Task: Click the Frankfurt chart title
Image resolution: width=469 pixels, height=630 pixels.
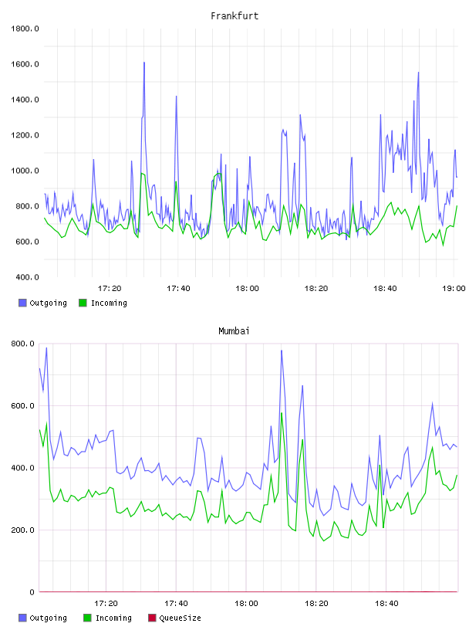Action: click(x=235, y=15)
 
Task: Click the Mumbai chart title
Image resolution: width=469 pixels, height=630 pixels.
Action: click(x=234, y=330)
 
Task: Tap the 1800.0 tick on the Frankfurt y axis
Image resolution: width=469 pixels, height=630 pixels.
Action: click(x=25, y=29)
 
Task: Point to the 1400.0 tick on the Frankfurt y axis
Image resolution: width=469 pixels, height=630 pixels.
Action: click(x=25, y=100)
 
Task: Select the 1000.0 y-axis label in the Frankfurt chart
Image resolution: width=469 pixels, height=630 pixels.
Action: click(x=25, y=171)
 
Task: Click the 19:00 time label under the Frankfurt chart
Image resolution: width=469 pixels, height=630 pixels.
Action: click(x=454, y=288)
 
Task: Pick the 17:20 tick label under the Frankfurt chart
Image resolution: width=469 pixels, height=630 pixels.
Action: click(x=110, y=288)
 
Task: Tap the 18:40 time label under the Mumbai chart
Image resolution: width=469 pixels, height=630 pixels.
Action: click(x=386, y=603)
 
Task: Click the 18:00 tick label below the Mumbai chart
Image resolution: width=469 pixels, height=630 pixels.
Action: click(x=247, y=603)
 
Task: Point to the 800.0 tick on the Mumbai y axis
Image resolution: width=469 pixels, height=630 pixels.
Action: click(x=23, y=344)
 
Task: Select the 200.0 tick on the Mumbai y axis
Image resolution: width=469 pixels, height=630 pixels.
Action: click(x=23, y=530)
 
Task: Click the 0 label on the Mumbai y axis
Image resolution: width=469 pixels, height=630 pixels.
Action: click(x=32, y=592)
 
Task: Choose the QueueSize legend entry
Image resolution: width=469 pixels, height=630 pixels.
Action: click(x=174, y=618)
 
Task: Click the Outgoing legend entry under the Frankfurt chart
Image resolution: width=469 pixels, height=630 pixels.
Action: click(x=42, y=303)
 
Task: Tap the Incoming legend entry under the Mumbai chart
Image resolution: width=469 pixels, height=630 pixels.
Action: click(x=107, y=618)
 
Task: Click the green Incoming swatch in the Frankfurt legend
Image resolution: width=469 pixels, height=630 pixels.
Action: click(x=83, y=303)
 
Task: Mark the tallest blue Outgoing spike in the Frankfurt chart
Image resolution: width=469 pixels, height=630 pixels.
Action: click(x=144, y=63)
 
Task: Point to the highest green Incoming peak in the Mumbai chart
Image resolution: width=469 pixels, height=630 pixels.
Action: click(x=282, y=413)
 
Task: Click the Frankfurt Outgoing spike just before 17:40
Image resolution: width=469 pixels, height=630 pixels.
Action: click(x=176, y=97)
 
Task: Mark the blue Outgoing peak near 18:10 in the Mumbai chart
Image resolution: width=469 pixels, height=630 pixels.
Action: click(x=282, y=351)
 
